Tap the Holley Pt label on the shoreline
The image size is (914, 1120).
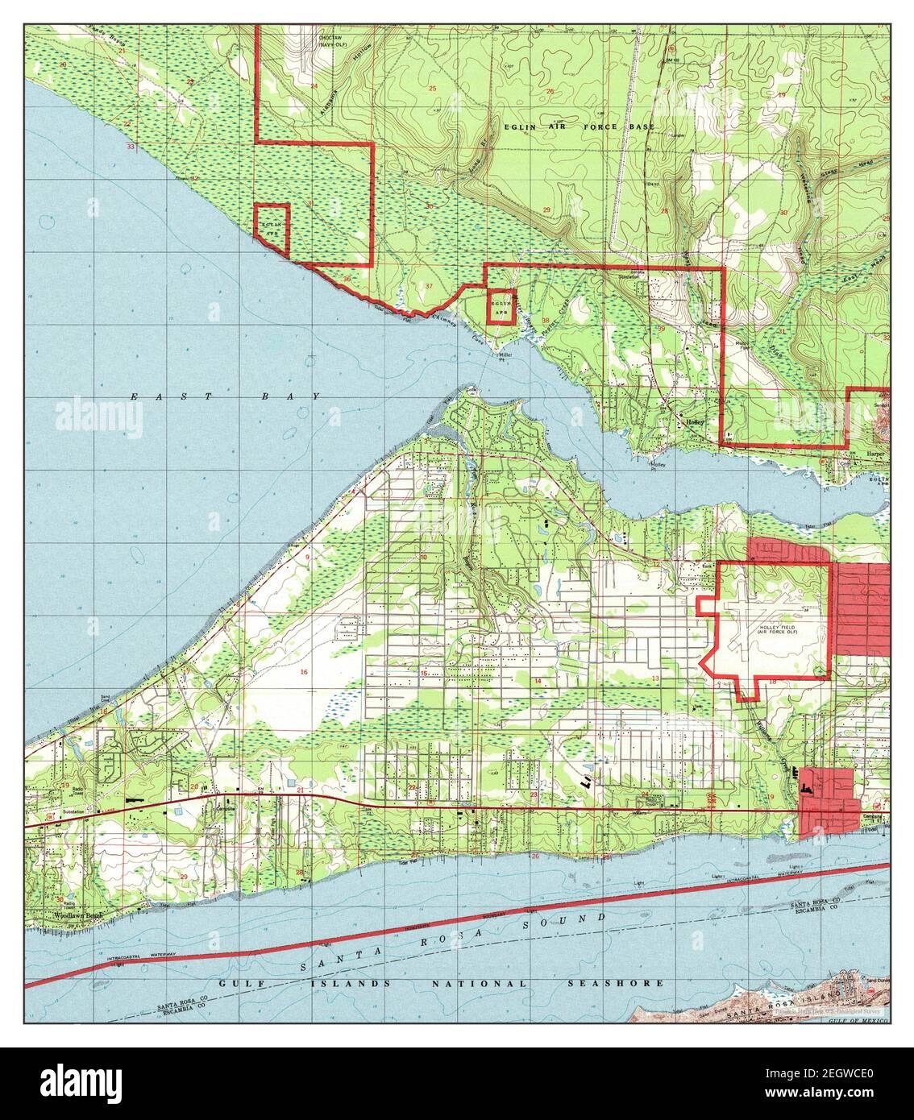[x=660, y=466]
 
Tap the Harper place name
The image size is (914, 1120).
[x=875, y=454]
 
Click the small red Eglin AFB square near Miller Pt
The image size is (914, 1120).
[x=501, y=307]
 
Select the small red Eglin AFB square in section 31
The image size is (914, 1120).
[x=272, y=221]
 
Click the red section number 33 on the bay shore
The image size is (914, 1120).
[x=130, y=147]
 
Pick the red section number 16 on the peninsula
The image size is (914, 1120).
[x=304, y=671]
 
